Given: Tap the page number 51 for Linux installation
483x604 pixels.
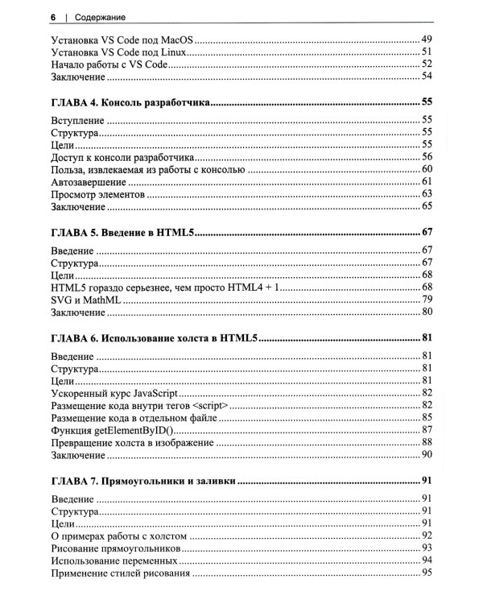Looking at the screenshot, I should pyautogui.click(x=427, y=51).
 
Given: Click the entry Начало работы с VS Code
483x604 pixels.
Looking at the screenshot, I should pyautogui.click(x=108, y=64).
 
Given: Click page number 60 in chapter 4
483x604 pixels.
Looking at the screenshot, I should pyautogui.click(x=427, y=169).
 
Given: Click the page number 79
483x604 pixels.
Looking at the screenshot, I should pyautogui.click(x=427, y=299).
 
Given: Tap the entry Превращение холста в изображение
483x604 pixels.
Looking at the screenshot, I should pyautogui.click(x=132, y=443).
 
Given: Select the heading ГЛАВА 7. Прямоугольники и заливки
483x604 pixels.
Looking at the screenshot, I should pyautogui.click(x=142, y=482).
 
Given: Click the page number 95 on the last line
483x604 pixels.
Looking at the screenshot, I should pyautogui.click(x=427, y=573).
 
